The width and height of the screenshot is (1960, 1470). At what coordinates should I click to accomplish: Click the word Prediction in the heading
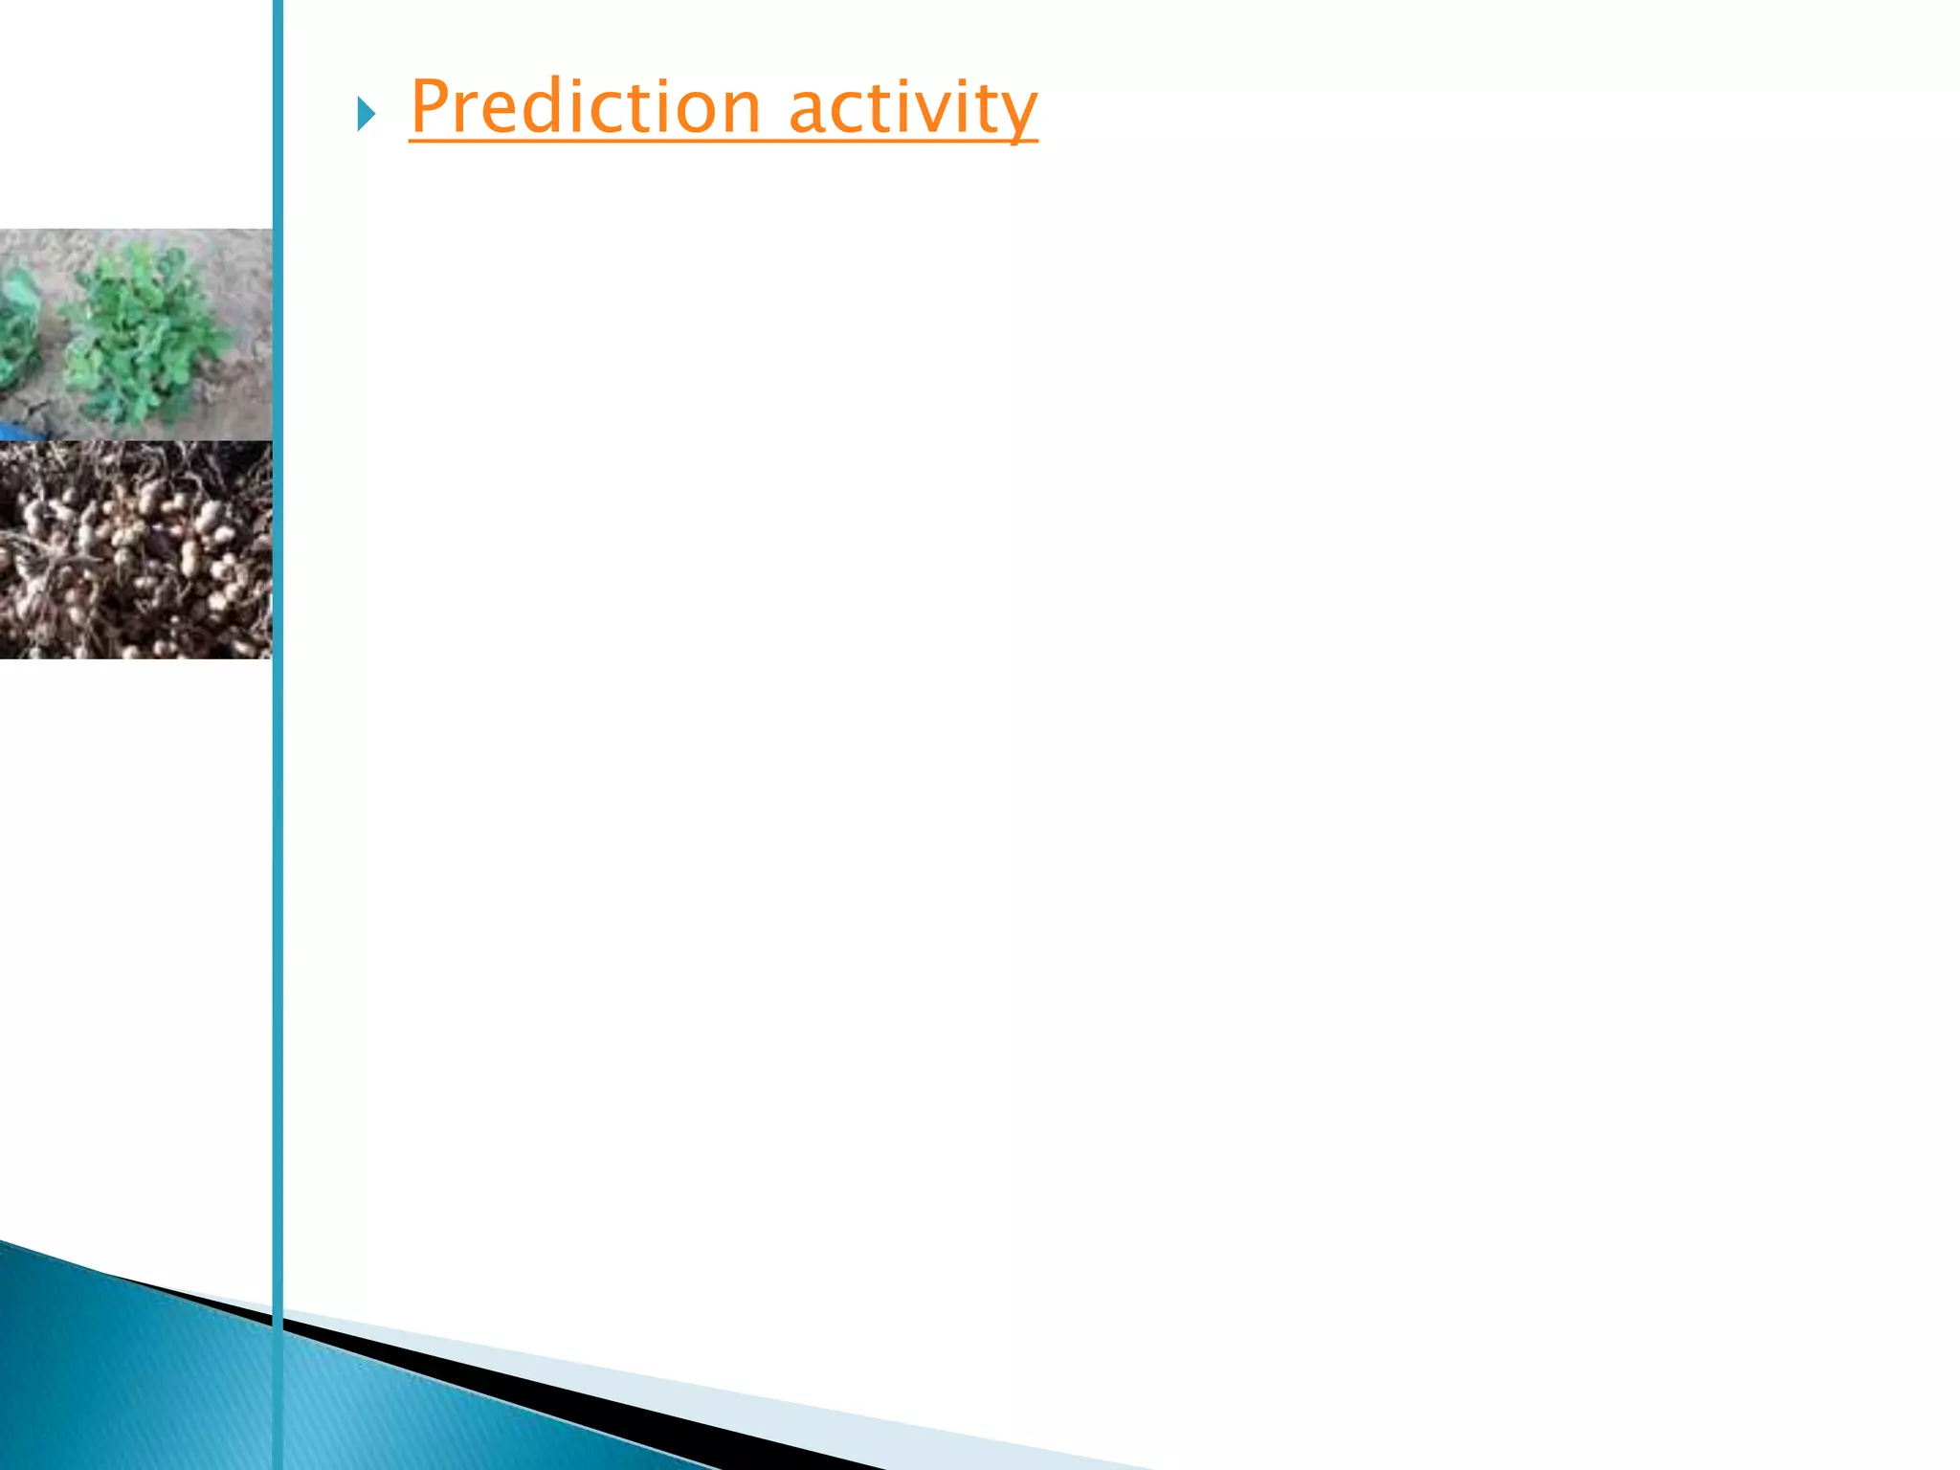click(585, 106)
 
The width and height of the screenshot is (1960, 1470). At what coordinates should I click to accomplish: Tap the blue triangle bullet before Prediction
click(366, 114)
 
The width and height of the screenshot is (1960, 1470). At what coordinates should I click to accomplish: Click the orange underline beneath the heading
click(723, 142)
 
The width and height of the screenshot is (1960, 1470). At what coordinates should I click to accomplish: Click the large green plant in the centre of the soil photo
click(144, 330)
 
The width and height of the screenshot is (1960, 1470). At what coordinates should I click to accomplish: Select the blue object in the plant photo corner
click(17, 433)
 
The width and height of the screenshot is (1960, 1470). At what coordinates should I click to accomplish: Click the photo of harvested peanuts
click(135, 549)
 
